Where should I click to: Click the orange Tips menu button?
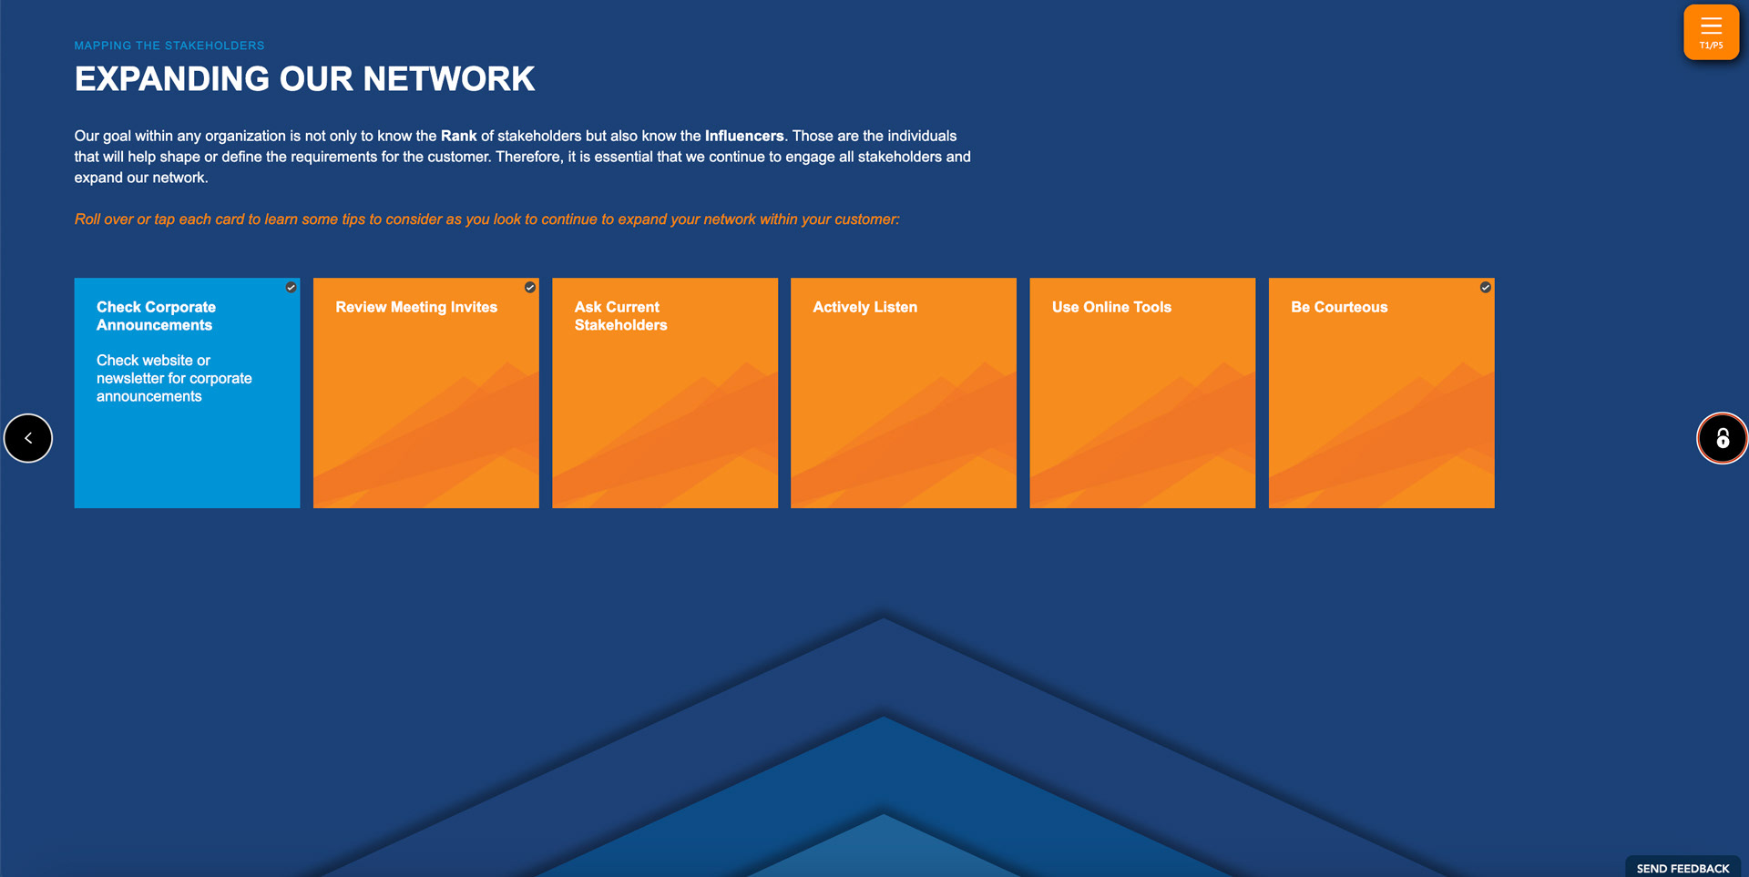click(x=1711, y=32)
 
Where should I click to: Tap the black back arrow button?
click(x=28, y=438)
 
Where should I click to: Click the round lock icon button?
click(x=1722, y=438)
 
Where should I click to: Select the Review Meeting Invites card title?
click(x=416, y=308)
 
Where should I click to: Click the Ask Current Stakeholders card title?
click(x=620, y=316)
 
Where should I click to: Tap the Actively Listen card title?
click(x=864, y=308)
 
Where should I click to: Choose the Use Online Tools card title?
click(x=1111, y=308)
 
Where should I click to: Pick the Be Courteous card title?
click(x=1339, y=308)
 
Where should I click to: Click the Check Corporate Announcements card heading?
click(x=156, y=316)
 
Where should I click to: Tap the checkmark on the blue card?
click(x=291, y=287)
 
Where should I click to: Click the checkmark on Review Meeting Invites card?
click(x=529, y=287)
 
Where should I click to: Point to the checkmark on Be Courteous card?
click(x=1485, y=287)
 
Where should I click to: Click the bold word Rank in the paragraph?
click(x=458, y=136)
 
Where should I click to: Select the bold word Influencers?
click(x=743, y=136)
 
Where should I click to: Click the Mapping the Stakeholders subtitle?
click(x=169, y=46)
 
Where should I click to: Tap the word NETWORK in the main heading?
click(x=449, y=79)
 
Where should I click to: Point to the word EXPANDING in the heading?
click(x=172, y=79)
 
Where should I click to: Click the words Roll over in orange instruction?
click(x=103, y=219)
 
